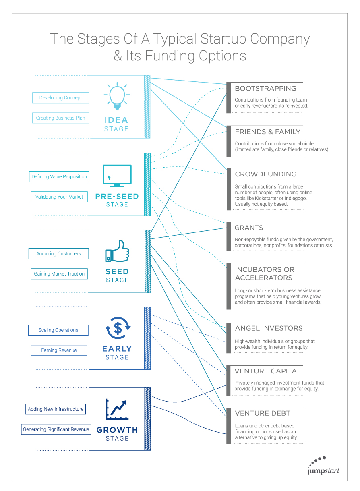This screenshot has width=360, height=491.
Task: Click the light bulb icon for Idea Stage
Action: pyautogui.click(x=117, y=96)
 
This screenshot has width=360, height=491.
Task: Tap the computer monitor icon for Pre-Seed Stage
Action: pyautogui.click(x=117, y=176)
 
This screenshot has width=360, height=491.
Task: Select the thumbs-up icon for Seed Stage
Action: pyautogui.click(x=117, y=251)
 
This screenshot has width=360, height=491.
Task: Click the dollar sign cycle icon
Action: pyautogui.click(x=118, y=328)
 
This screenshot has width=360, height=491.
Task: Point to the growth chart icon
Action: pyautogui.click(x=117, y=409)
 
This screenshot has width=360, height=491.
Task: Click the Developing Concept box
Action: pyautogui.click(x=60, y=98)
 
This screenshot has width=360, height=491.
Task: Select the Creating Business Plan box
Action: pyautogui.click(x=60, y=118)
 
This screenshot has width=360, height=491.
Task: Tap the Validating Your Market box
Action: pyautogui.click(x=59, y=197)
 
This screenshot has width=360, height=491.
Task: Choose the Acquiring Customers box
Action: pyautogui.click(x=59, y=254)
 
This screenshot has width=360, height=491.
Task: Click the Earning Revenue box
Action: pyautogui.click(x=59, y=350)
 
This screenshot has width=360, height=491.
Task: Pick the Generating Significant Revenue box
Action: pyautogui.click(x=56, y=429)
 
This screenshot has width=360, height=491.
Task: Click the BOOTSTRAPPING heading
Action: pyautogui.click(x=265, y=88)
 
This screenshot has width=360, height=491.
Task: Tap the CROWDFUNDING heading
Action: pyautogui.click(x=265, y=174)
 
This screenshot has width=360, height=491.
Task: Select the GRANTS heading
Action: pyautogui.click(x=249, y=228)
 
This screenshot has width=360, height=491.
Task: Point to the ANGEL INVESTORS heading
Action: pyautogui.click(x=269, y=328)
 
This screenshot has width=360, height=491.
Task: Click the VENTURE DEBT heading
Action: pyautogui.click(x=263, y=413)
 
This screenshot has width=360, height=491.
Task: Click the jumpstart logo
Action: pyautogui.click(x=323, y=466)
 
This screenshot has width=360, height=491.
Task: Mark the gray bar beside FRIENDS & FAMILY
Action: pyautogui.click(x=229, y=141)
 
